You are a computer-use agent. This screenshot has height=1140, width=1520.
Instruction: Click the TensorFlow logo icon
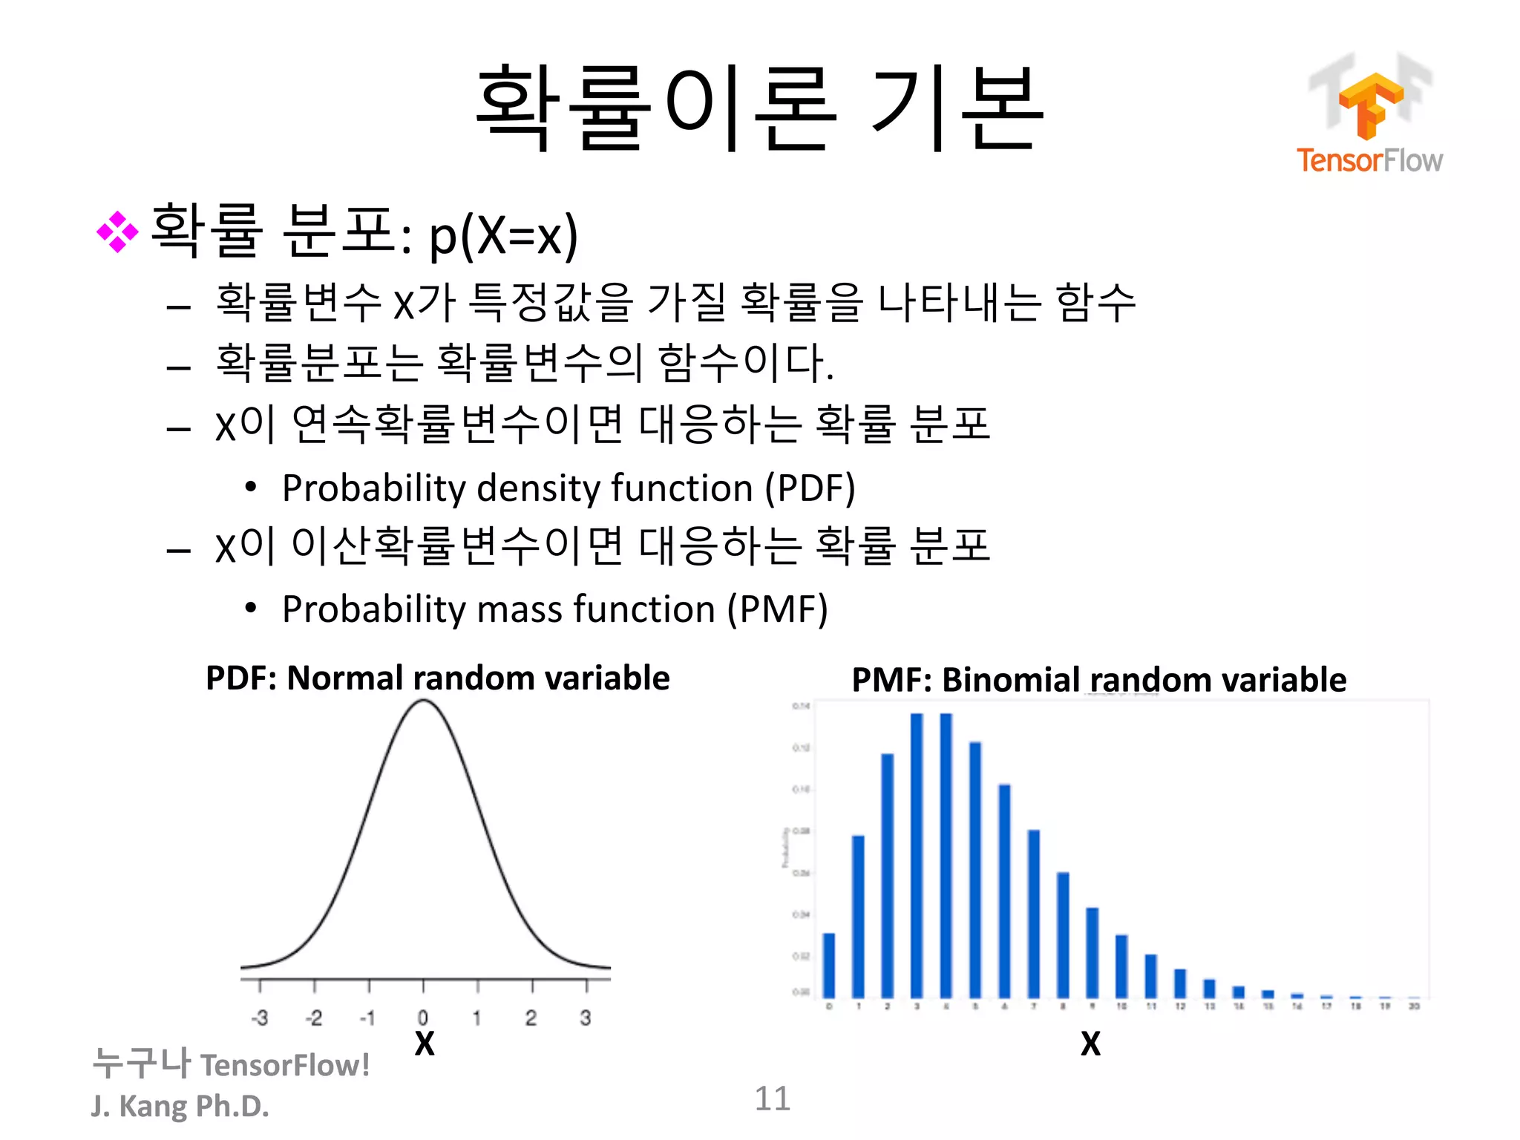1370,104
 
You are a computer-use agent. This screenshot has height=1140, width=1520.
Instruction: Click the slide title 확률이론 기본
759,108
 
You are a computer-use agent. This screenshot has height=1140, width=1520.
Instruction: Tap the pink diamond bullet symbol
117,232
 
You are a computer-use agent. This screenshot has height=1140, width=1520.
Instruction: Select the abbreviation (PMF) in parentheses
777,609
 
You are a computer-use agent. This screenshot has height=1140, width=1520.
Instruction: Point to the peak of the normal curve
423,701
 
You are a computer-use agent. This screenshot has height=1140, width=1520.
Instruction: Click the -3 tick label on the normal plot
259,1018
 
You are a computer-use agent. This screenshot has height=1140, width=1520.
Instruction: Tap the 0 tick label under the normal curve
422,1018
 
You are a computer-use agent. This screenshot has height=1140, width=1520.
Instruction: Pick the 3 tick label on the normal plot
586,1018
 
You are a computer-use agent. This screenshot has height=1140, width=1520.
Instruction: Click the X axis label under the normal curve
425,1044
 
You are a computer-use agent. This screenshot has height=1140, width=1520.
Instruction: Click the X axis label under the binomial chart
1090,1044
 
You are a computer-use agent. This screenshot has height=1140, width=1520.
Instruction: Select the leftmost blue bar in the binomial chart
829,965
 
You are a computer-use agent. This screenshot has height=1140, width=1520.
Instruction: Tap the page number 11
772,1098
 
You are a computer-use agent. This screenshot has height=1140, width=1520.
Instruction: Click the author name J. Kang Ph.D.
180,1106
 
